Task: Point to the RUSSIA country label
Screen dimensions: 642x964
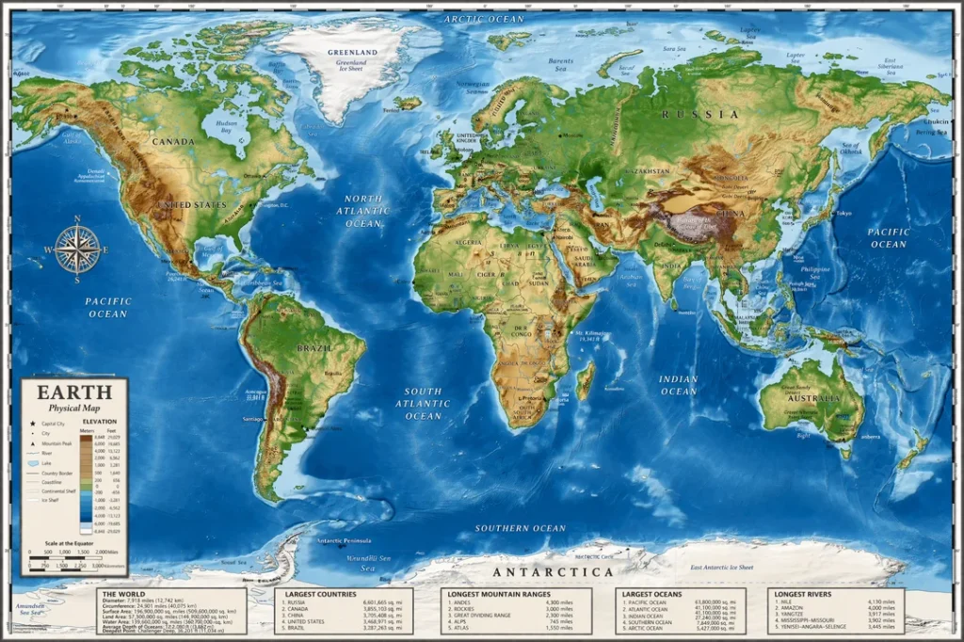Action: click(x=700, y=114)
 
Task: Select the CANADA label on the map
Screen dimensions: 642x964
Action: click(x=173, y=142)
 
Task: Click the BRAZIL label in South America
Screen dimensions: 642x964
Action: click(x=315, y=347)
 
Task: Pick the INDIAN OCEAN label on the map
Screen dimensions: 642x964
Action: click(x=678, y=385)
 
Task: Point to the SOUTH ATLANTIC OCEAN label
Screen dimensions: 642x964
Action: click(x=424, y=403)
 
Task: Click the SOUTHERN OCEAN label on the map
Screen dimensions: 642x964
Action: click(x=520, y=528)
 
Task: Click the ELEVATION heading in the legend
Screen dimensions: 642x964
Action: click(x=99, y=421)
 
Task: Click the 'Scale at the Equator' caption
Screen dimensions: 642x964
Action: click(x=69, y=543)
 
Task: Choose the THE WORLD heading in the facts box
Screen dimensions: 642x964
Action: click(x=123, y=594)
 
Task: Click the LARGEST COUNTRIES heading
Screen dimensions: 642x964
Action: click(x=321, y=594)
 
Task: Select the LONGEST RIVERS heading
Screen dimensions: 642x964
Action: click(x=802, y=594)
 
